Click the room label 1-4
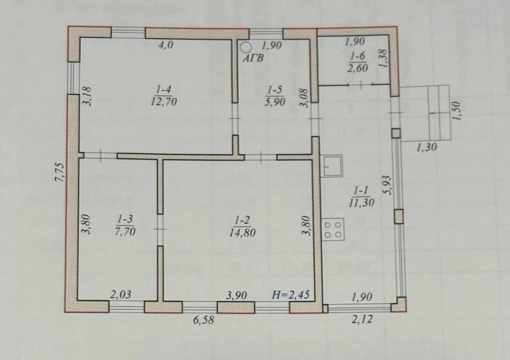point(164,90)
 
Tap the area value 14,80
point(242,233)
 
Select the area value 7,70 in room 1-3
point(125,231)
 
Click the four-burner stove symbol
point(333,229)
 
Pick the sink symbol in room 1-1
point(333,166)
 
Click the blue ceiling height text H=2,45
point(291,295)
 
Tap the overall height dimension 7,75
point(60,172)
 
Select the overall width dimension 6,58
point(204,320)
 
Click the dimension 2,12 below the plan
point(362,319)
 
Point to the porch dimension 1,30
point(427,147)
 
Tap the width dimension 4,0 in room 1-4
point(166,45)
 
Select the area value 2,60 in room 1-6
point(357,68)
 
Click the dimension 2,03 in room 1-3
point(121,295)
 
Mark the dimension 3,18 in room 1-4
point(87,96)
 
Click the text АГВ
point(253,58)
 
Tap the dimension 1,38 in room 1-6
point(383,58)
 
